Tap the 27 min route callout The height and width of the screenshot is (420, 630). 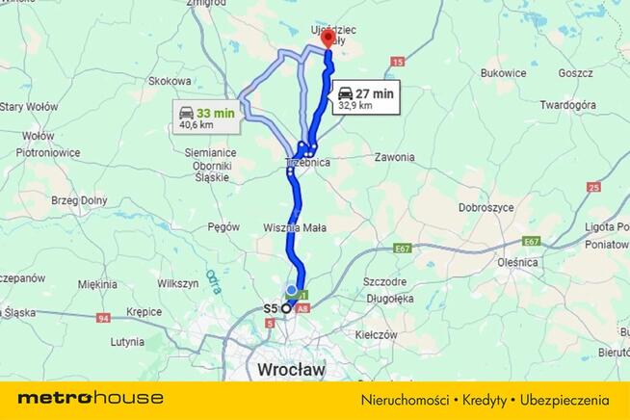(364, 99)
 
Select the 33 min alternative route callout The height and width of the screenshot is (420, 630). (206, 118)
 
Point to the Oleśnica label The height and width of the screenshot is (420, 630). (518, 261)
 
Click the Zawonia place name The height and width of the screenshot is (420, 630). (395, 157)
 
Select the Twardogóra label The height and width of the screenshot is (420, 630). (570, 104)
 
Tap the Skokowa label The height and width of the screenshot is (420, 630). (170, 82)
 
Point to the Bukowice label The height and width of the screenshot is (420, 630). (503, 72)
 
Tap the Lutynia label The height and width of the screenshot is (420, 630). (127, 341)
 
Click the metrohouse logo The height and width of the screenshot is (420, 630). (91, 398)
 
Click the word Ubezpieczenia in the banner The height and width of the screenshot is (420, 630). (568, 399)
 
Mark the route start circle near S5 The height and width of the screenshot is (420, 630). (286, 309)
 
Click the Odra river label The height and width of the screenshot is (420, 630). (212, 279)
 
